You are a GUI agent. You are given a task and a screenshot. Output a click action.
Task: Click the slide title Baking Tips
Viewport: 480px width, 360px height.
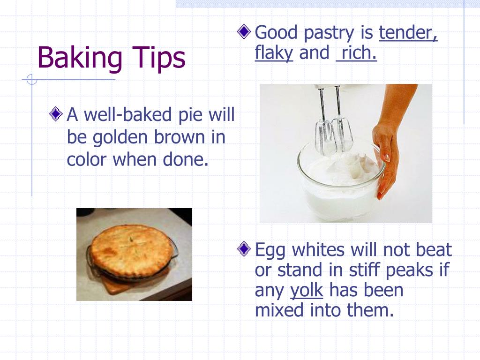coord(111,58)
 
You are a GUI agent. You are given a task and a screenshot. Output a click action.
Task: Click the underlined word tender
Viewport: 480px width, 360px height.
coord(408,33)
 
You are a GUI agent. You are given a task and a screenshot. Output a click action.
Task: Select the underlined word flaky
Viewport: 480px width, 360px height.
coord(274,53)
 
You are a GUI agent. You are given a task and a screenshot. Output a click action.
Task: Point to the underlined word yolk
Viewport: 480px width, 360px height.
coord(307,291)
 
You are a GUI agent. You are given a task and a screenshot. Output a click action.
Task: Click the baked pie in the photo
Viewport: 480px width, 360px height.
coord(131,251)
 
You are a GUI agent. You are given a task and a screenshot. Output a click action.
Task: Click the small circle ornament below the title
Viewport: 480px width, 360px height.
coord(31,80)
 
